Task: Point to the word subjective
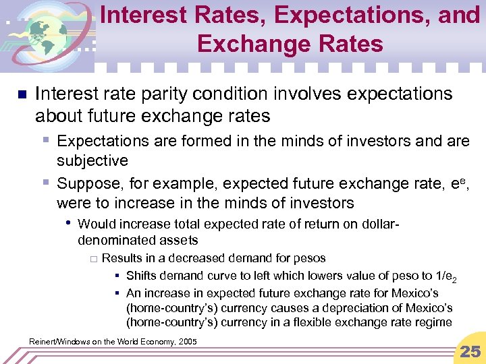[92, 160]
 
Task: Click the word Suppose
[86, 183]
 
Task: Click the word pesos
[310, 258]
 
